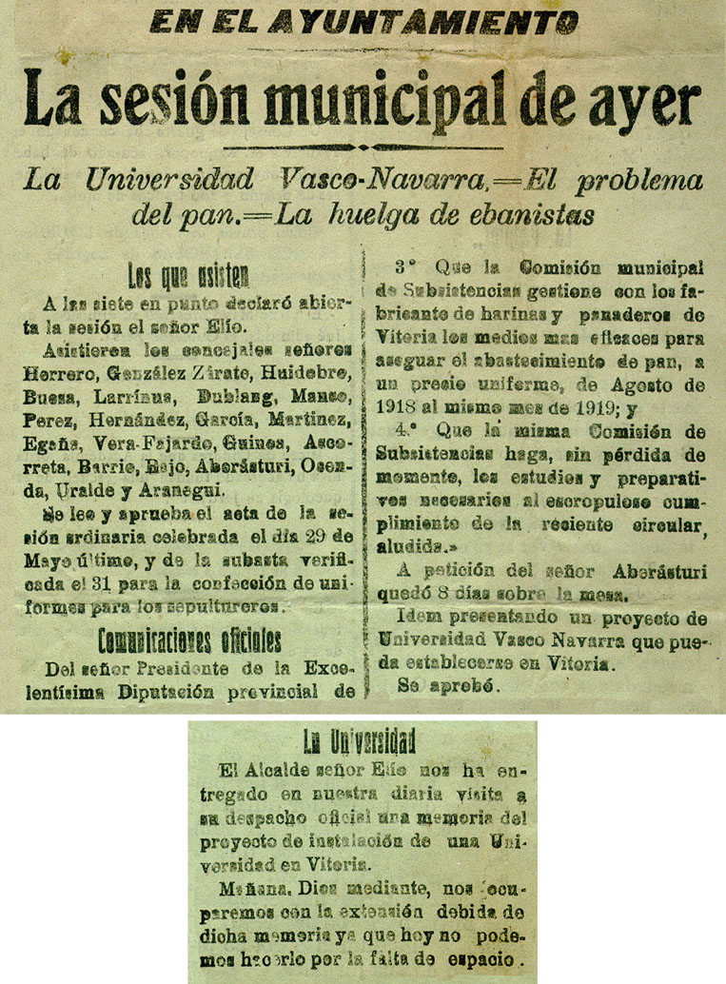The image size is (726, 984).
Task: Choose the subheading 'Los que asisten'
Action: (x=188, y=278)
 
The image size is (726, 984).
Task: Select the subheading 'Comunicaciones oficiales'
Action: (x=188, y=638)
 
